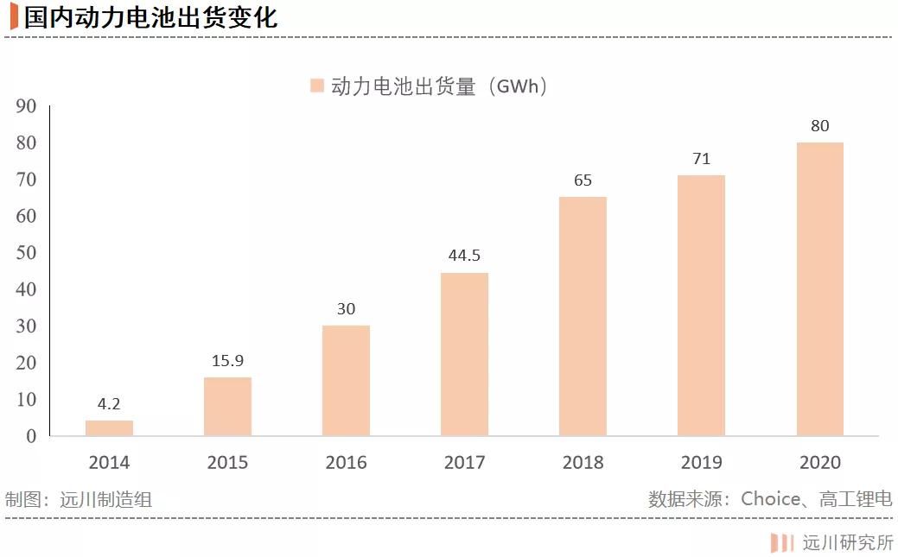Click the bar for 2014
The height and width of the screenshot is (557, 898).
(109, 427)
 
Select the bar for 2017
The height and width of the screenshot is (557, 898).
(464, 354)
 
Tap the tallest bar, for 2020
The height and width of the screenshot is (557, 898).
(819, 288)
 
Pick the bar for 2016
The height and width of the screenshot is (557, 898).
(346, 380)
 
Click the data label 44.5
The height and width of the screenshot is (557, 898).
(464, 256)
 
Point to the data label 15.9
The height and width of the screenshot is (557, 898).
(227, 360)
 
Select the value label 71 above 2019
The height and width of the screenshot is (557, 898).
(701, 159)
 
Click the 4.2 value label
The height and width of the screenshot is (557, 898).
(109, 403)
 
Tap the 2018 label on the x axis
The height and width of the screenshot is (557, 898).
(583, 463)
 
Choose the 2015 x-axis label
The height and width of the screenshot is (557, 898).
(227, 463)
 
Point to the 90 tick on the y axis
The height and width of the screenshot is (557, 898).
(27, 106)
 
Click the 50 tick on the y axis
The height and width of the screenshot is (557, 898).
(27, 253)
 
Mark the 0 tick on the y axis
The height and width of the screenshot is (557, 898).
(31, 436)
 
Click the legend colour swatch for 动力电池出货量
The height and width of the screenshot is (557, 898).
(316, 85)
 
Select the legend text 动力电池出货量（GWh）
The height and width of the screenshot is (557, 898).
(440, 86)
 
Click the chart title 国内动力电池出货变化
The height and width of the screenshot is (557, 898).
(151, 17)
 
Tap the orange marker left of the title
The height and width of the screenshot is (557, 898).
(14, 17)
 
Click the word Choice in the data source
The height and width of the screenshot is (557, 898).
(771, 499)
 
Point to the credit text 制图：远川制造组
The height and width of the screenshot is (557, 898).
(79, 499)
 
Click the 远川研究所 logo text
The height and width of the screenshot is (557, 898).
(848, 542)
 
